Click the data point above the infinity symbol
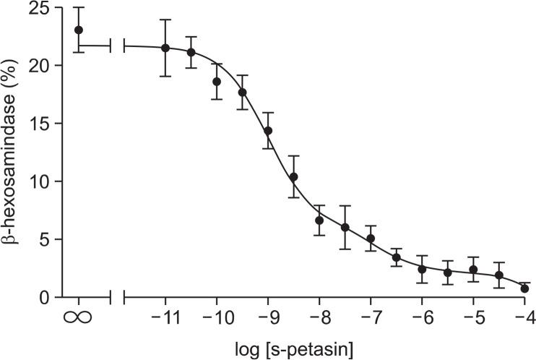(79, 30)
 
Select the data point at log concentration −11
(165, 48)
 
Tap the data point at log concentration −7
(371, 239)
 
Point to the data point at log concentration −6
(422, 269)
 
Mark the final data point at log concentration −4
(524, 288)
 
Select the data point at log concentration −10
(217, 82)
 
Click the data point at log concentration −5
(473, 270)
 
